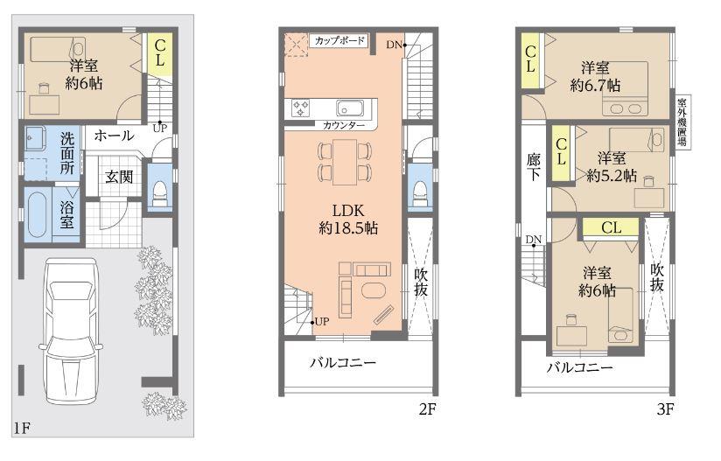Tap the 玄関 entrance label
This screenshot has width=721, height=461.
tap(119, 177)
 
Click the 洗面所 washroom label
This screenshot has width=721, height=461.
tap(67, 152)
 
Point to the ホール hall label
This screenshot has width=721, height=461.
tap(113, 136)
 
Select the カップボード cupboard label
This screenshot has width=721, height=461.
tap(339, 41)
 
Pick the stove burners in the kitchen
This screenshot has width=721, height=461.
tap(302, 108)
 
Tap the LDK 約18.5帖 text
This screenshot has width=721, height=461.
tap(345, 219)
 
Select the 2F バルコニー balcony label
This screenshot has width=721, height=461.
tap(343, 362)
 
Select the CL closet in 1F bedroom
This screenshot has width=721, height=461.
tap(160, 53)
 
